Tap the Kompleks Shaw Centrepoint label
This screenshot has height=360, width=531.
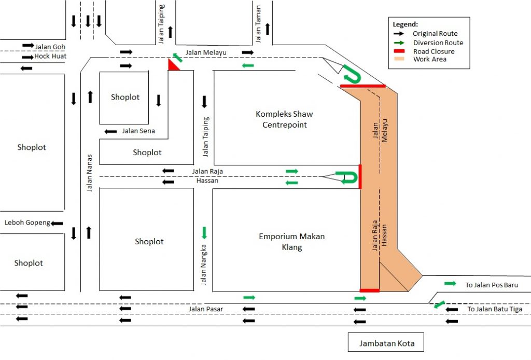284,119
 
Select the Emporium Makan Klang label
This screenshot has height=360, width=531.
291,242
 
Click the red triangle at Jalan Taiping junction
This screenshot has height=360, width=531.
173,66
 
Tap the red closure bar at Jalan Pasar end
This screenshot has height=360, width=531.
369,290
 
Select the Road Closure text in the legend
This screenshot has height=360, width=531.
434,51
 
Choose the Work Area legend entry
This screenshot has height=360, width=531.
429,59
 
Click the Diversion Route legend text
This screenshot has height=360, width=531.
438,43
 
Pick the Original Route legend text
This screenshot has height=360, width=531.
435,34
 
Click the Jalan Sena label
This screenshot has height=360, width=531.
138,131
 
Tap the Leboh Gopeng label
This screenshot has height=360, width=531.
27,223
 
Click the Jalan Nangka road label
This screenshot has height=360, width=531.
204,265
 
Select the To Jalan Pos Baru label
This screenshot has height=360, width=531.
491,285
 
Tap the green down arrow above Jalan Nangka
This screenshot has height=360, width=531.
204,232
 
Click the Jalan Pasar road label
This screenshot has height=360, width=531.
205,310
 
